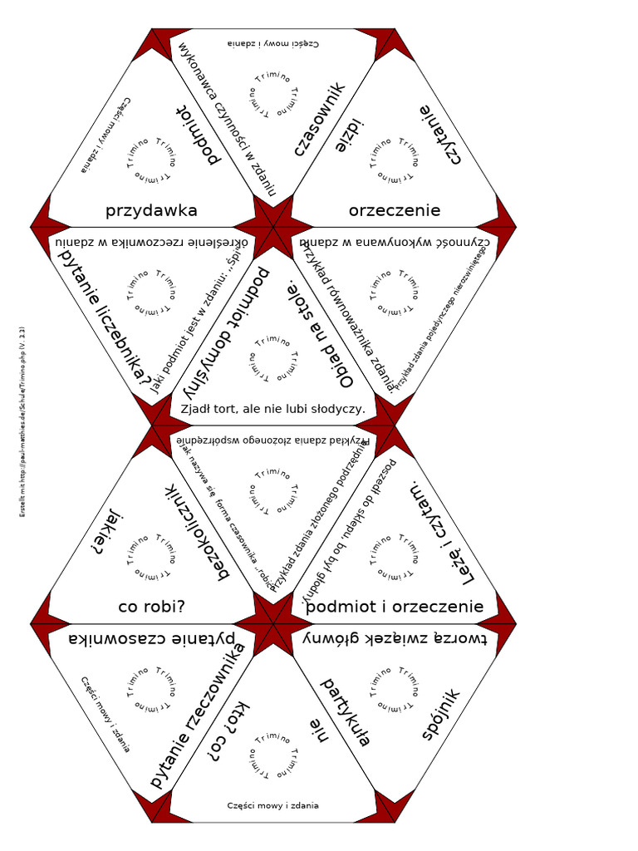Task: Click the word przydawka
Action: click(151, 211)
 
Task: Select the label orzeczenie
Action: click(395, 211)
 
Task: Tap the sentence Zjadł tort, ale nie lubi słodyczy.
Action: click(273, 409)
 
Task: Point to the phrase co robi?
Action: click(151, 608)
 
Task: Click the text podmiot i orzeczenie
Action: click(395, 608)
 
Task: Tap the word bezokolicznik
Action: click(195, 532)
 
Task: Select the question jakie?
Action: click(108, 532)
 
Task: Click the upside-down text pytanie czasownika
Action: click(151, 639)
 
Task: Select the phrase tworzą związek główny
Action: click(395, 639)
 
